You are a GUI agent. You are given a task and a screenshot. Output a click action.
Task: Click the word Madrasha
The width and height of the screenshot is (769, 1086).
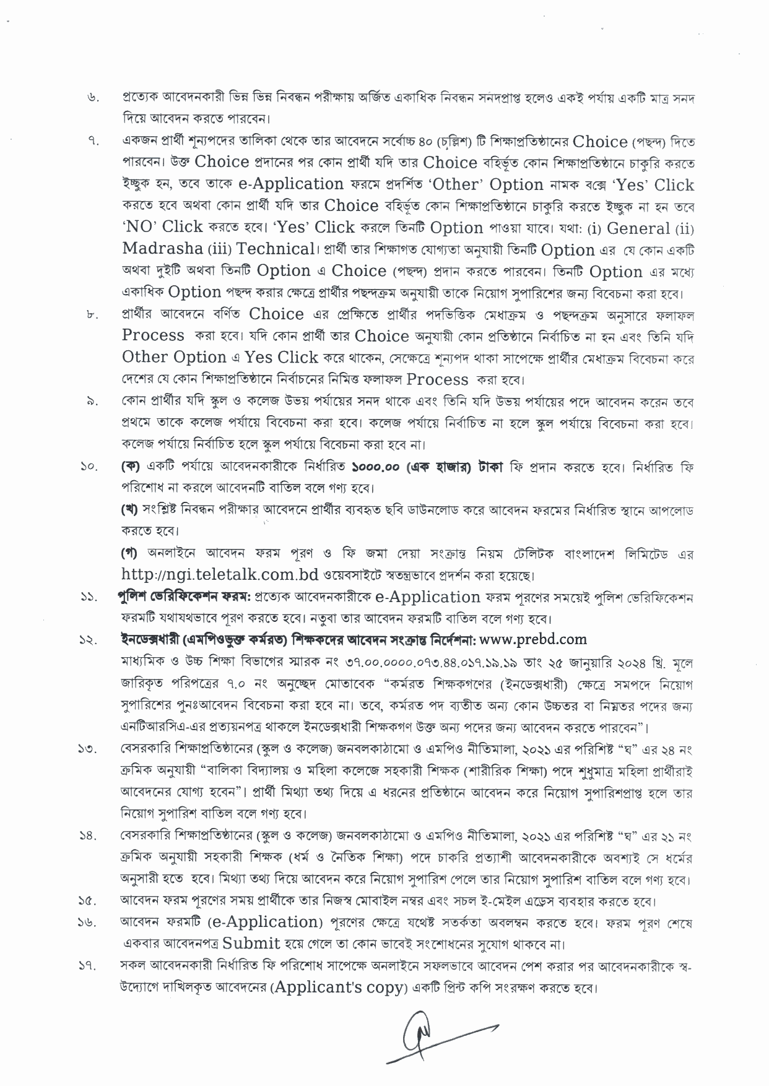coord(163,249)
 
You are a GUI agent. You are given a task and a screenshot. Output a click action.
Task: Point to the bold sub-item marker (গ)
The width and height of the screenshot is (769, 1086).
coord(130,552)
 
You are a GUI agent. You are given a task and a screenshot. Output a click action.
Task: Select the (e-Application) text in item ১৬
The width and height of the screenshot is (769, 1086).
coord(264,922)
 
